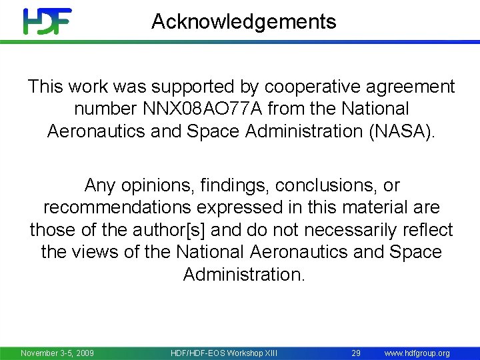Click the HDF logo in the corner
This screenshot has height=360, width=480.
click(47, 21)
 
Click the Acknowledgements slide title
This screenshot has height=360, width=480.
click(243, 22)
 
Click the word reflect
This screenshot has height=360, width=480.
click(427, 230)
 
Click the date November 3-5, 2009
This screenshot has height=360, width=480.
click(57, 353)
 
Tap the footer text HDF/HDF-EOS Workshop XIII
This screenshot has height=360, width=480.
click(224, 353)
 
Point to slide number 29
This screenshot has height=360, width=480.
click(356, 353)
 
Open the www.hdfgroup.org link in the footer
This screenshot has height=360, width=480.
click(417, 353)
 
